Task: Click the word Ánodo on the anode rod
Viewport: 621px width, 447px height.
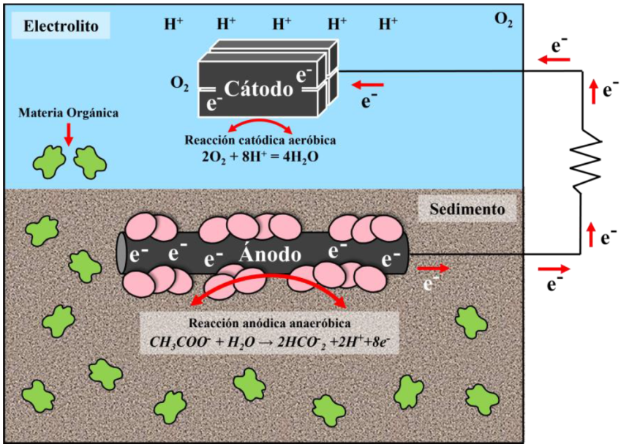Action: pos(270,255)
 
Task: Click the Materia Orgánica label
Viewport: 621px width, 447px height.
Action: pos(69,113)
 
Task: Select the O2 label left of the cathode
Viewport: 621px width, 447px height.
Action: pos(179,85)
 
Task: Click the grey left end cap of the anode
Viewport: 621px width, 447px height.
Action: pos(120,254)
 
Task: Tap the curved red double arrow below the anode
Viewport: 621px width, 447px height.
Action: pos(268,289)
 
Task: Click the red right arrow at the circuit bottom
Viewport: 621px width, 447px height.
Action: pos(552,268)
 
